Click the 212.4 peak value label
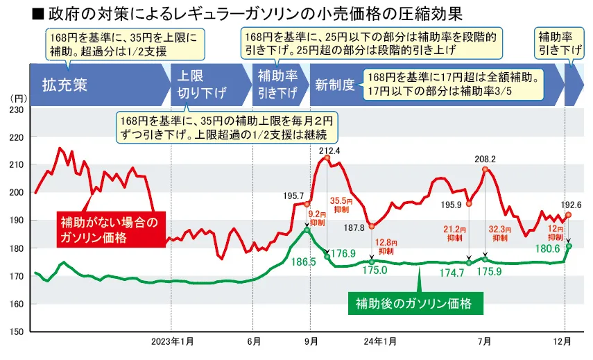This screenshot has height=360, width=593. [329, 151]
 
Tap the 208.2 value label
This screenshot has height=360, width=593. [485, 160]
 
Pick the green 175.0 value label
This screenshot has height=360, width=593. [375, 270]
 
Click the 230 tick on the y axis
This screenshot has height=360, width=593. [17, 110]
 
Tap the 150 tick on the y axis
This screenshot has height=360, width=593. [17, 332]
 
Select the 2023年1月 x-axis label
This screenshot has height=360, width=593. [171, 341]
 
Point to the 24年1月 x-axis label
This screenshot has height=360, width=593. [380, 341]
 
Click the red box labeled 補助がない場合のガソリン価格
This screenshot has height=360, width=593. [110, 230]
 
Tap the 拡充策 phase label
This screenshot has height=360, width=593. [64, 87]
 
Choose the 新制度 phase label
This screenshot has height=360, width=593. [335, 87]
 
